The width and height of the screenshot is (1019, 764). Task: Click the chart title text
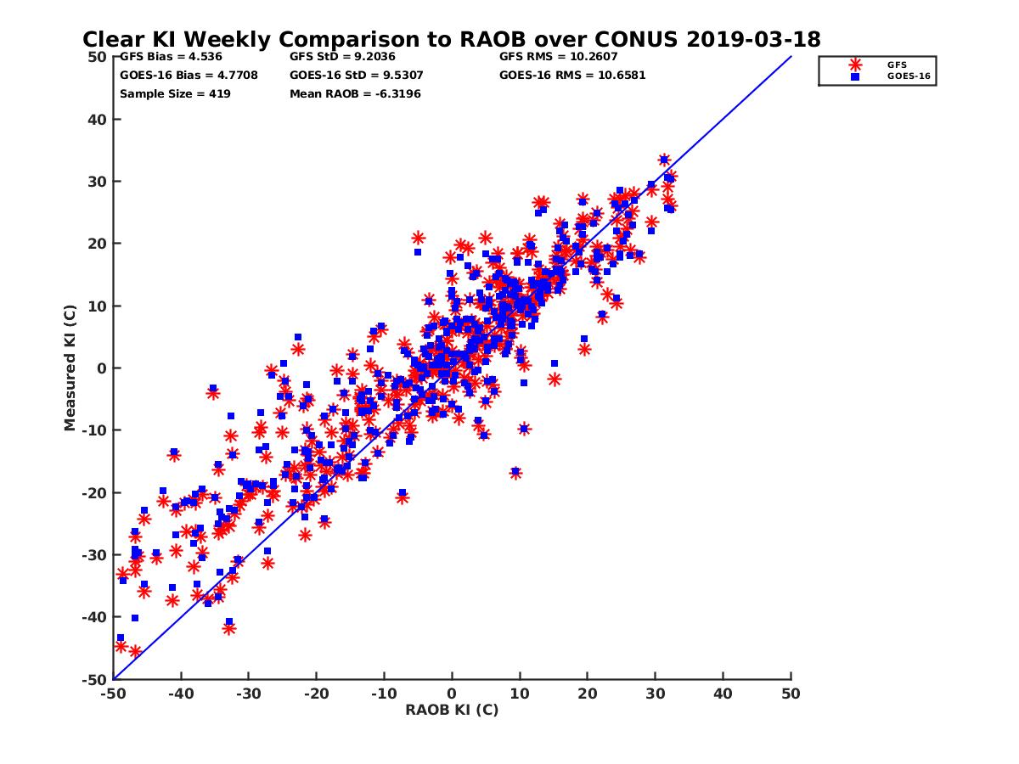451,39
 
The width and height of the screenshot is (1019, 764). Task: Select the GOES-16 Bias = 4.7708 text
189,75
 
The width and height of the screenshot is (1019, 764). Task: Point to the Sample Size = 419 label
175,93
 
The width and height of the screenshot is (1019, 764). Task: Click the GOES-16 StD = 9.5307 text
356,75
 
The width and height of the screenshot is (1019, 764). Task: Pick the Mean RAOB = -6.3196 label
355,93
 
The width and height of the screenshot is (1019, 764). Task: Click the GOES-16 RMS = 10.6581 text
572,75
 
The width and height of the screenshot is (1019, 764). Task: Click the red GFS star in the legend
855,65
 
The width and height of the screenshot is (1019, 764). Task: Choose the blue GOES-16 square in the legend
855,76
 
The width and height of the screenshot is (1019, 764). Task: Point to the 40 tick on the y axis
98,119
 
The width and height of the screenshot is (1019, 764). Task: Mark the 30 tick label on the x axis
656,694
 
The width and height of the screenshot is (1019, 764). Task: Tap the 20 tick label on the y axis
98,244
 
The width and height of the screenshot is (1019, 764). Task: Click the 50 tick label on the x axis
791,694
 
